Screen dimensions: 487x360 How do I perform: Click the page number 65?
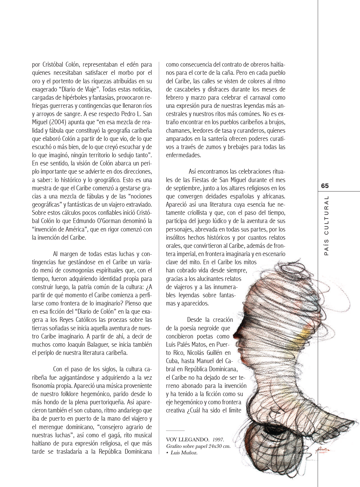coord(325,186)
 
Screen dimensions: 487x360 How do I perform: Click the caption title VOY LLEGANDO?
coord(187,440)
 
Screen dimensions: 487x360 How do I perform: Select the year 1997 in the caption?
coord(218,440)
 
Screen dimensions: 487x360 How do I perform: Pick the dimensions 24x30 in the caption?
coord(216,446)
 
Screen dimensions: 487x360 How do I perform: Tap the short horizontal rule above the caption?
coord(175,431)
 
